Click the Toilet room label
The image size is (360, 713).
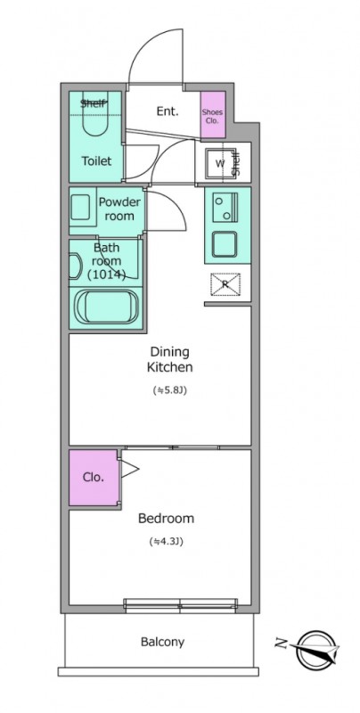click(x=96, y=161)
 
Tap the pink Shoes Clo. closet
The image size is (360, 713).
click(x=213, y=115)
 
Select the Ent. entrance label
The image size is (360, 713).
click(x=168, y=111)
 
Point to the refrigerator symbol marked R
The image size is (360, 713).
click(x=225, y=284)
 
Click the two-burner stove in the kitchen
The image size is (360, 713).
click(x=225, y=208)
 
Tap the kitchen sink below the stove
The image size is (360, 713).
click(x=225, y=244)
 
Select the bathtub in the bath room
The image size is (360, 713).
click(x=106, y=307)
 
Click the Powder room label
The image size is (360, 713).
click(x=119, y=209)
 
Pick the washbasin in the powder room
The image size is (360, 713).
click(x=80, y=208)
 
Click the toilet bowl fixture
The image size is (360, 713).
click(x=95, y=118)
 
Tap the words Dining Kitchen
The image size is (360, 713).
click(x=169, y=359)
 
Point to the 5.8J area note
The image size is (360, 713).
click(x=170, y=389)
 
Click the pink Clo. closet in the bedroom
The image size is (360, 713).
click(x=94, y=478)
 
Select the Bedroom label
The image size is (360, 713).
click(x=167, y=519)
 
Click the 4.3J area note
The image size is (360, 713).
click(x=166, y=542)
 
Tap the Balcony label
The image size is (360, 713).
click(x=162, y=642)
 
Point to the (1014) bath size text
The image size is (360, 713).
click(x=106, y=275)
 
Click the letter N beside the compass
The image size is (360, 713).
click(x=282, y=643)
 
